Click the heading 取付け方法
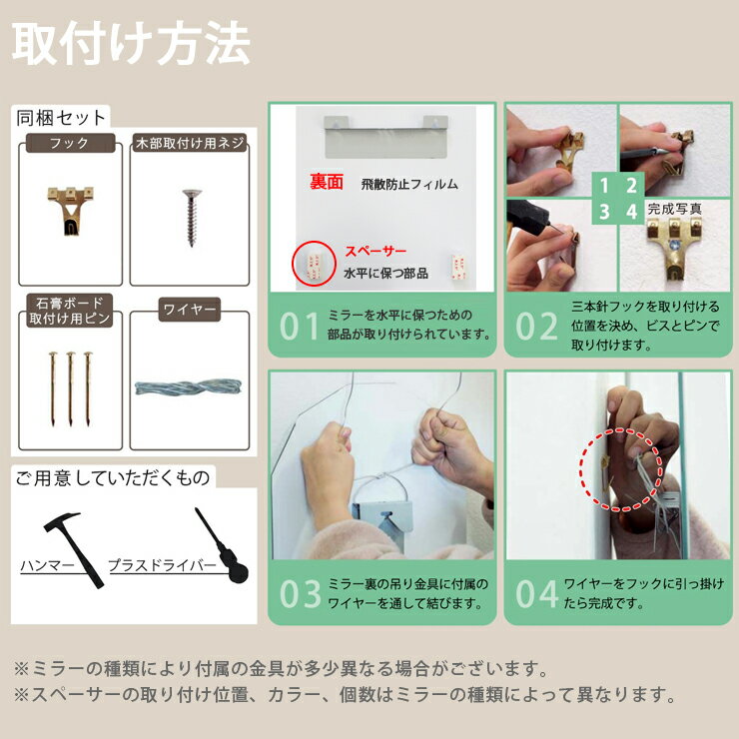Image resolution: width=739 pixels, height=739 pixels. coord(131,43)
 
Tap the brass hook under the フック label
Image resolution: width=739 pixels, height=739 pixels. coord(71,210)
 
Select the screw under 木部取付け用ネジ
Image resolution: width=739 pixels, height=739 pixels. coord(192,218)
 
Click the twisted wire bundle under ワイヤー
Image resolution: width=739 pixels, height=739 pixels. coord(188,387)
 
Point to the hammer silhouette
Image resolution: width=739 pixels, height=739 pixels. coord(73,549)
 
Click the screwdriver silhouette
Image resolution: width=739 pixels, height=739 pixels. coord(222,546)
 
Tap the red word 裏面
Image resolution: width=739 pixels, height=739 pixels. coord(327,182)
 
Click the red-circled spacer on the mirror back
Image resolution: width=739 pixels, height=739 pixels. coord(314,264)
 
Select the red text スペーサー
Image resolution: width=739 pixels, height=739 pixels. coord(375,252)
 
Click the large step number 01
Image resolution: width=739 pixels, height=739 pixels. coord(300,327)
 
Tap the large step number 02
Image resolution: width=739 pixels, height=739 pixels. coord(536,327)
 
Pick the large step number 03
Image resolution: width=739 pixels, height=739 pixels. coord(300,594)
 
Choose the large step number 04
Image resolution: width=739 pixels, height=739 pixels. coord(537,594)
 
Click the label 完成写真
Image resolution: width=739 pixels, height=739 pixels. coord(674,209)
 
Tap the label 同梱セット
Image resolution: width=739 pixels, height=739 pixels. coord(61,118)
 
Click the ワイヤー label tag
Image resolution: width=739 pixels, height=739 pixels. coord(190,310)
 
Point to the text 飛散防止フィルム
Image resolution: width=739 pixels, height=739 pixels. coord(409,185)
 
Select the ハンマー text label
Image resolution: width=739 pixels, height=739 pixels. coord(47,565)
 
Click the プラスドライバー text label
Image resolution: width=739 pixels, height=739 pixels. coord(162,565)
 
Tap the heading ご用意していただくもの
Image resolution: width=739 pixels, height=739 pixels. coord(113,478)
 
